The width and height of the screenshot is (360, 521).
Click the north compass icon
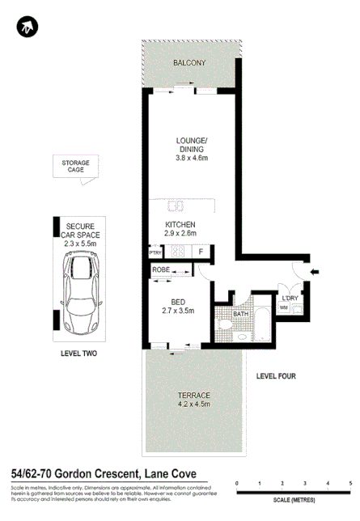(27, 28)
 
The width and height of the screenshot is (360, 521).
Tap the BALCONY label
(189, 63)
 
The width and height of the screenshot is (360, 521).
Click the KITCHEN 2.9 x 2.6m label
(180, 229)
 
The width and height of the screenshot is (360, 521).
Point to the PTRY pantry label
(155, 252)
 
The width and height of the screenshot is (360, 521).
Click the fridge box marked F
(201, 252)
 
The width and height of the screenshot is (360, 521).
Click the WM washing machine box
(283, 308)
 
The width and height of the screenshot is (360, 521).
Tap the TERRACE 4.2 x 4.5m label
(193, 400)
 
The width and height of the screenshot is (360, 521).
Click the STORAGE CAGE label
(76, 167)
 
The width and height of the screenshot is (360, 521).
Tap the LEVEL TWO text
(79, 354)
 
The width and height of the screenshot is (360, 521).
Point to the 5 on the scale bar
(349, 483)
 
